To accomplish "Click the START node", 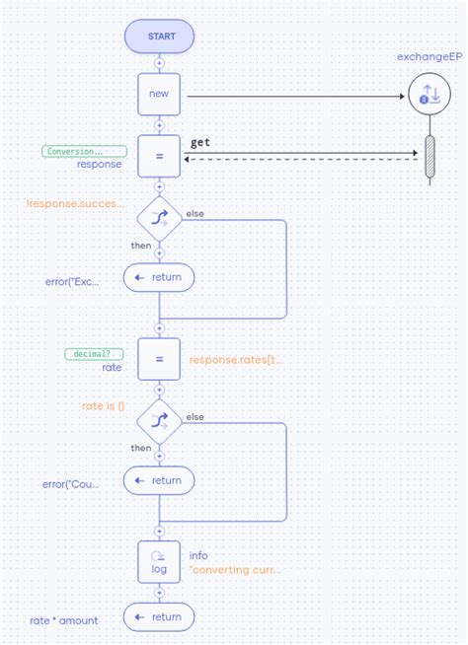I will (159, 36).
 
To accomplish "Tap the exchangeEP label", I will (429, 56).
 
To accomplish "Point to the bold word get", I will (200, 143).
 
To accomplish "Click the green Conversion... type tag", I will (85, 151).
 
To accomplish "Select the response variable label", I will (99, 165).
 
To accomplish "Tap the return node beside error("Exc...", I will (159, 277).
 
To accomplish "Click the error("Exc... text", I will (71, 281).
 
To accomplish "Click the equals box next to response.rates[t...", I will (159, 360).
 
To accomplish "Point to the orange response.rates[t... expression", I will (236, 361).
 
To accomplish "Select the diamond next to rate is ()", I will (159, 420).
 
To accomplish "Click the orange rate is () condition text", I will (103, 406).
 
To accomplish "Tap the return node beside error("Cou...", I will (159, 480).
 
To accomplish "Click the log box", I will (159, 561).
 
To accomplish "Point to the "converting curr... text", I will (234, 569).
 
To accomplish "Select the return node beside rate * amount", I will (159, 617).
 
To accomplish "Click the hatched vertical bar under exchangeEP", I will (429, 157).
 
